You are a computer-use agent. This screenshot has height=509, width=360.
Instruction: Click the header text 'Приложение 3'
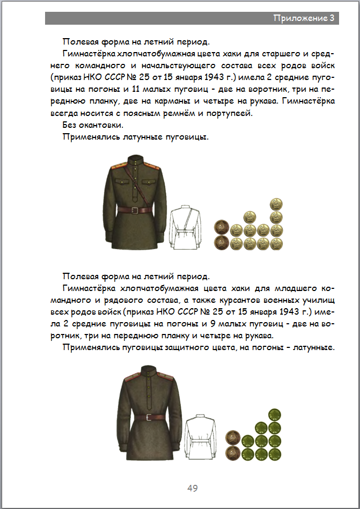tap(304, 18)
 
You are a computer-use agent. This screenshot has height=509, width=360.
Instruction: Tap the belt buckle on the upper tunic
tap(137, 210)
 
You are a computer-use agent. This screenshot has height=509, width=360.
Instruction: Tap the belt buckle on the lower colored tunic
tap(146, 417)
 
